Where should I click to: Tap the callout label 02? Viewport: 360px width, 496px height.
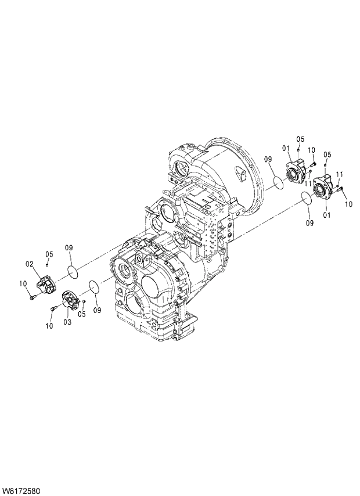pyautogui.click(x=28, y=265)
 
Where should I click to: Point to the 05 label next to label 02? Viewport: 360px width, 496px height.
pyautogui.click(x=49, y=254)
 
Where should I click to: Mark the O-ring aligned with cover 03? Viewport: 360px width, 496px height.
pyautogui.click(x=92, y=287)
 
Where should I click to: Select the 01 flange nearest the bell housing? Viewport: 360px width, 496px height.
pyautogui.click(x=296, y=169)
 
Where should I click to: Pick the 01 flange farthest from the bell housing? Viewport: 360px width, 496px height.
pyautogui.click(x=323, y=189)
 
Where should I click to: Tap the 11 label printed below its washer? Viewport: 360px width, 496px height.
pyautogui.click(x=309, y=184)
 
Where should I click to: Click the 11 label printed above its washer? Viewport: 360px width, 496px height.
pyautogui.click(x=340, y=174)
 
